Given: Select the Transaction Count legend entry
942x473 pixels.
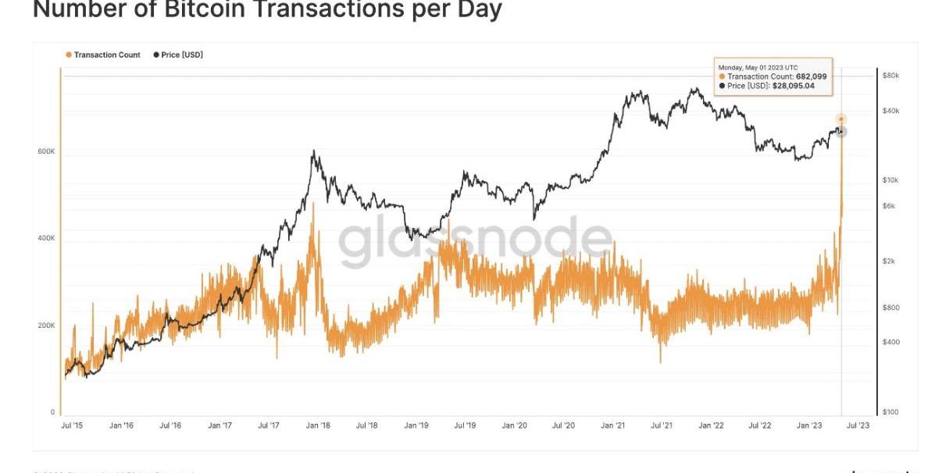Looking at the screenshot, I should pos(107,55).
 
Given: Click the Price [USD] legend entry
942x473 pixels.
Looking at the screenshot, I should pos(181,55).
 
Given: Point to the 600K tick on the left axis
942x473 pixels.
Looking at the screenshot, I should pos(47,151).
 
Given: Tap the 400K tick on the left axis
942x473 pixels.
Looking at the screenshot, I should pos(47,238).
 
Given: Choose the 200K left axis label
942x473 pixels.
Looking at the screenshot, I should pos(47,325).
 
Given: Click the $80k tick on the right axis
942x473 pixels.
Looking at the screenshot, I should pos(890,76).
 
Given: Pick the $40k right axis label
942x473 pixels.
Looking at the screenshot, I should pos(890,111).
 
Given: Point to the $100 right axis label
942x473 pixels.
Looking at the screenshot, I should pos(890,412).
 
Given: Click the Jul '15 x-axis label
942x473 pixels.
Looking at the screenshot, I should pos(71,425).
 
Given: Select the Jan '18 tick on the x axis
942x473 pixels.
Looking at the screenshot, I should pos(317,425).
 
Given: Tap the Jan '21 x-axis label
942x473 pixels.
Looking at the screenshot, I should pos(612,425).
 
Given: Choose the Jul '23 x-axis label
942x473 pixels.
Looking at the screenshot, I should pos(858,425).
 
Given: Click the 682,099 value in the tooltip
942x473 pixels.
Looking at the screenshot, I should pos(811,76).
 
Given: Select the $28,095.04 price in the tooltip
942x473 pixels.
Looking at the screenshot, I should pos(793,86).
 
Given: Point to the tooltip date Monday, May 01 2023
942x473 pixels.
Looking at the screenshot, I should pos(750,68).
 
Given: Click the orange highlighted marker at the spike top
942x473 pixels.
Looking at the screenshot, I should pos(840,119).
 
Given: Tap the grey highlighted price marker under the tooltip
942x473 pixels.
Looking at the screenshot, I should pos(841,131).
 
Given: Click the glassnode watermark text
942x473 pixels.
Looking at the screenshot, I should pos(475,241).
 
